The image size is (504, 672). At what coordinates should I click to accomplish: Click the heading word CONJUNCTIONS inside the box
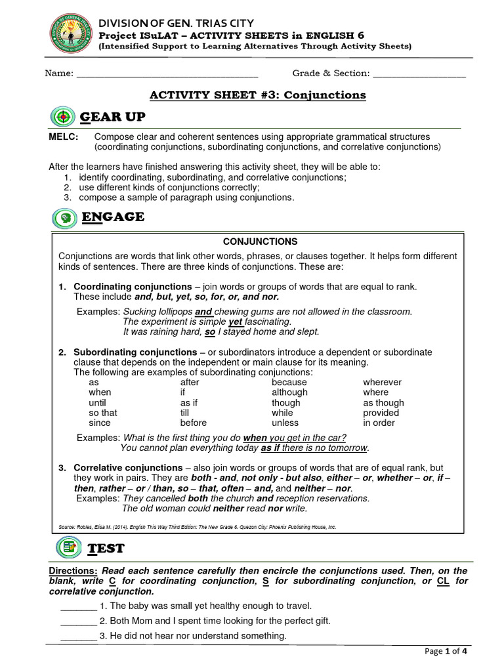(x=260, y=241)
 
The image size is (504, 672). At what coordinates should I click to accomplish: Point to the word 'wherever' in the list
(x=382, y=382)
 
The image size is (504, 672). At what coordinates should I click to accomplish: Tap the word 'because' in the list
(x=289, y=382)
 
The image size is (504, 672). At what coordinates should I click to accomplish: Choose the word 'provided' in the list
(x=381, y=413)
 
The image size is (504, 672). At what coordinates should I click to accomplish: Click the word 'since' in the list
(x=100, y=423)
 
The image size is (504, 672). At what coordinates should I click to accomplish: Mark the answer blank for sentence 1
(x=78, y=606)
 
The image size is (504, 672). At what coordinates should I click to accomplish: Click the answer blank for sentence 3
(x=78, y=636)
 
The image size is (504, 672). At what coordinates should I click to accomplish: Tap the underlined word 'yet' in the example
(x=236, y=322)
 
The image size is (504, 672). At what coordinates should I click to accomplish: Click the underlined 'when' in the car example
(x=255, y=438)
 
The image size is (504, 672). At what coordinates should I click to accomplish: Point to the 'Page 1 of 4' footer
(x=446, y=652)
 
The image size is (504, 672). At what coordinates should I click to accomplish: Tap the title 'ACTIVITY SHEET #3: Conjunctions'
(x=258, y=95)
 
